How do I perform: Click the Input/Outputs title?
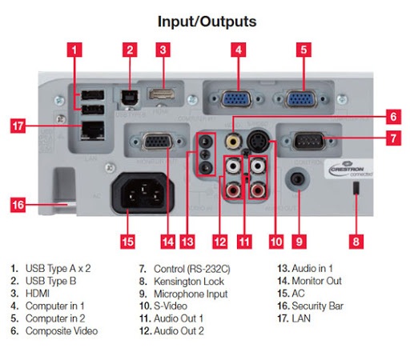[x=206, y=21]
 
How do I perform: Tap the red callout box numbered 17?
[x=24, y=126]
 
